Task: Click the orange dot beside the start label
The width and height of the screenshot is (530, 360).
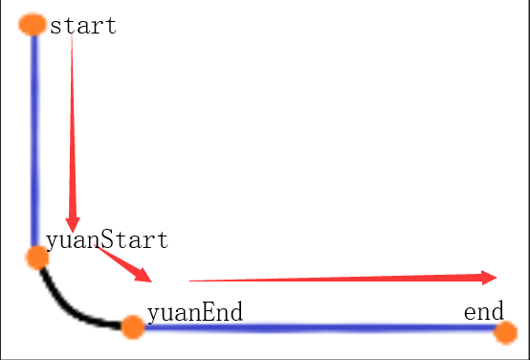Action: [33, 25]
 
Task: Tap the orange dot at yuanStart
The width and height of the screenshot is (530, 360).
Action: [36, 257]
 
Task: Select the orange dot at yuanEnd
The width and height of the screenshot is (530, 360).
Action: [133, 327]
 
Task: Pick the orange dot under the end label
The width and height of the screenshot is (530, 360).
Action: [506, 332]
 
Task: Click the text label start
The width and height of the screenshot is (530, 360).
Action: [83, 26]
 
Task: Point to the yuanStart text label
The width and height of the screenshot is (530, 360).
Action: [107, 239]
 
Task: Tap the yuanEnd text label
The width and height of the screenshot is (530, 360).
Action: [194, 312]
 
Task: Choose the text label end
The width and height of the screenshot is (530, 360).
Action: [484, 312]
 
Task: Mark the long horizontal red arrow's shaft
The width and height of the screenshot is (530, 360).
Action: [335, 279]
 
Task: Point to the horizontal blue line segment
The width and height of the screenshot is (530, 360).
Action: [316, 328]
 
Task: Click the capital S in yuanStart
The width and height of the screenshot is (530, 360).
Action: [110, 239]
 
